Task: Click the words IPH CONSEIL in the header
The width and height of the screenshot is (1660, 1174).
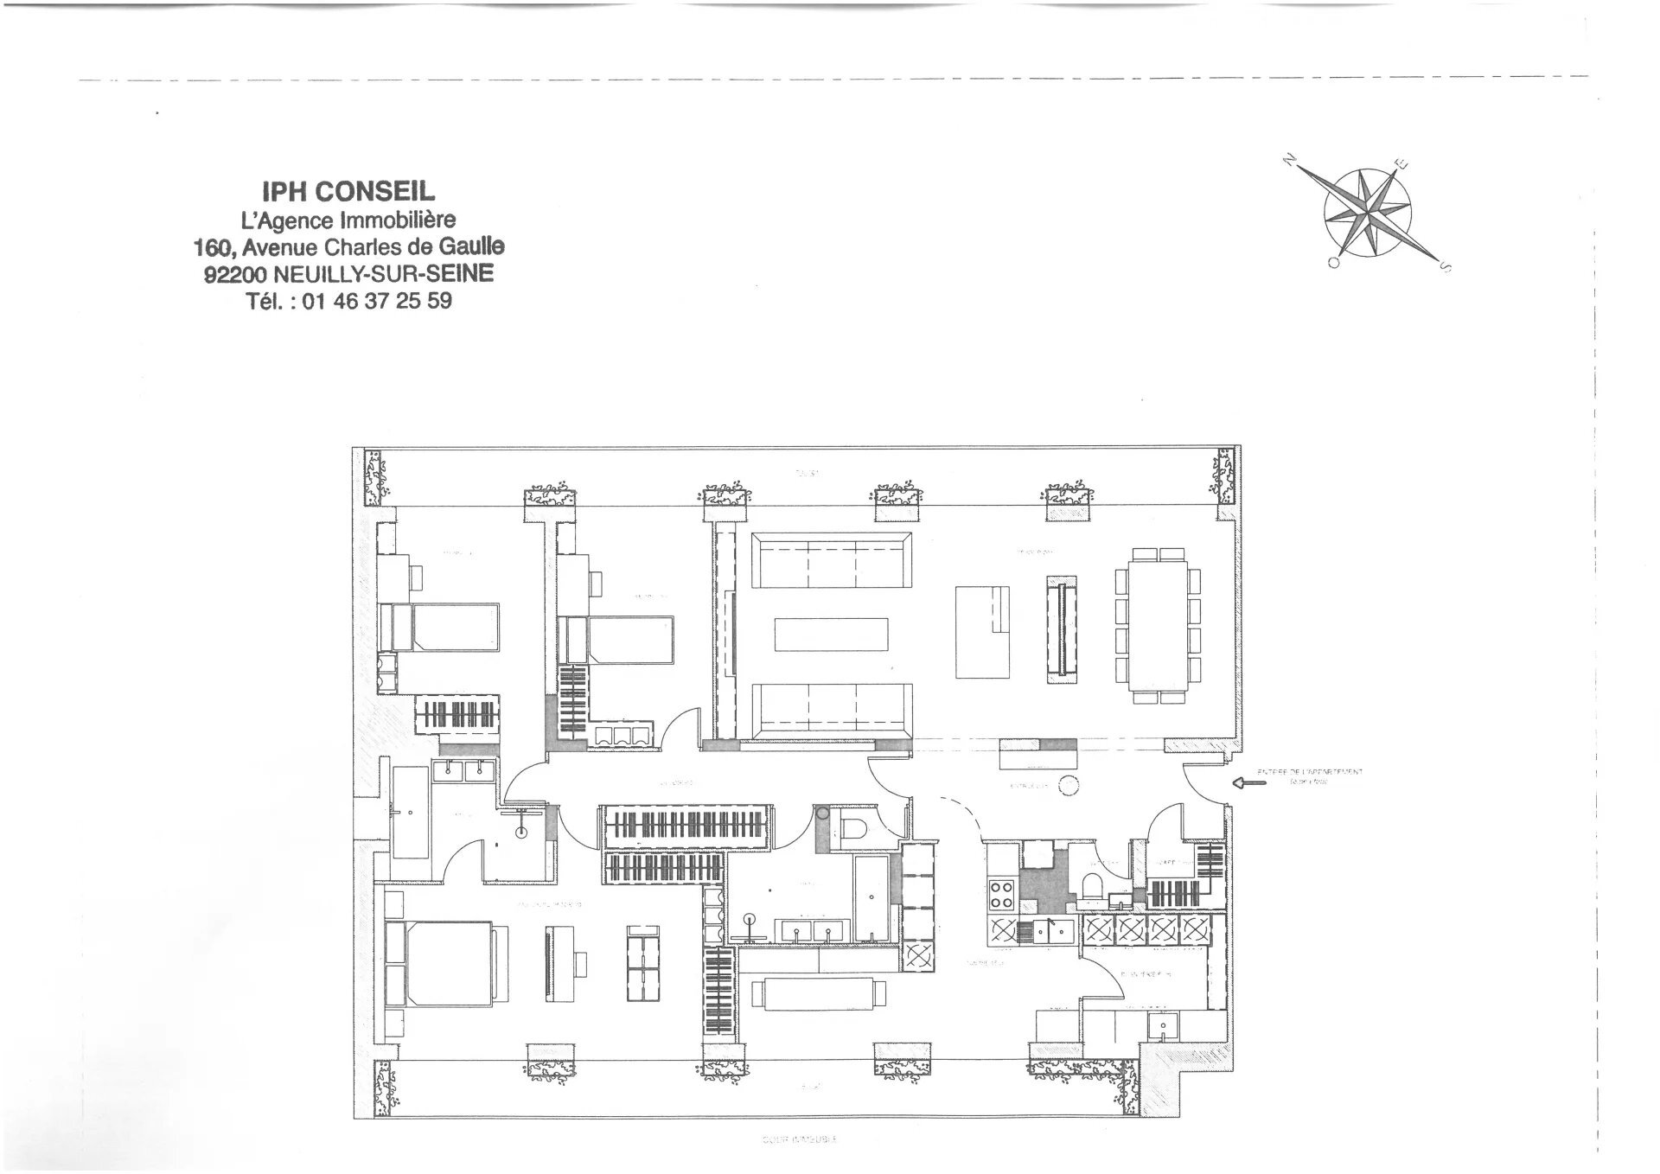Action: [x=348, y=191]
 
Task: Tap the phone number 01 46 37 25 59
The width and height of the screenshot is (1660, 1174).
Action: [x=377, y=301]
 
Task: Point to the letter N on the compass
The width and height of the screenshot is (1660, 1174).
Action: [x=1290, y=159]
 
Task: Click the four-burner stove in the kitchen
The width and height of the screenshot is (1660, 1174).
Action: [x=1001, y=894]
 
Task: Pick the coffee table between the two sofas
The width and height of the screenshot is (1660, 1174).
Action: [x=831, y=634]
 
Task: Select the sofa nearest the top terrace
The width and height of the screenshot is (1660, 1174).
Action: [x=831, y=561]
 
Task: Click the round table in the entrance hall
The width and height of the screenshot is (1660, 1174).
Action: [x=1069, y=786]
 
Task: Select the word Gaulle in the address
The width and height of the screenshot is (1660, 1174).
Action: [x=471, y=246]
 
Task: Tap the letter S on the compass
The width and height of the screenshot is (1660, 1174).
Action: [x=1443, y=267]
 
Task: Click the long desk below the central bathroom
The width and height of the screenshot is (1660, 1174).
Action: [x=819, y=993]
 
